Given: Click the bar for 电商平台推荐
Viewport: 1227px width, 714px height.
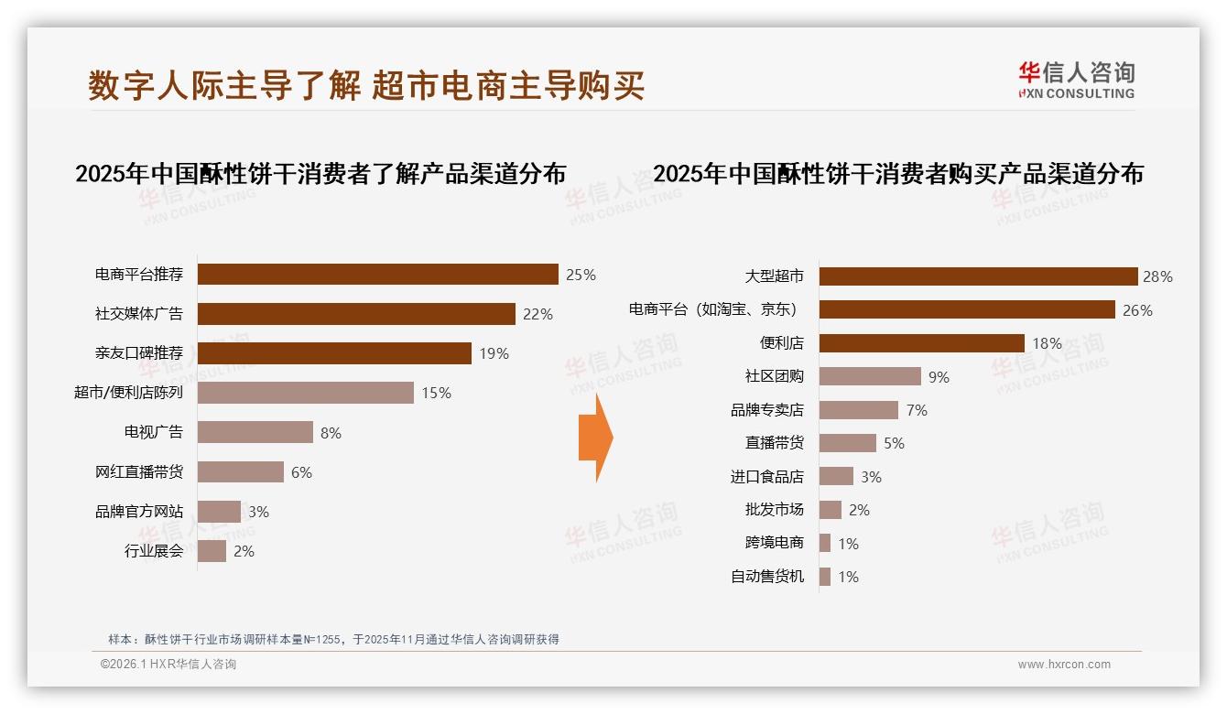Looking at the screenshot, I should click(377, 275).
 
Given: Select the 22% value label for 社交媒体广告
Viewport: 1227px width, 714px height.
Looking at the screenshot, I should click(537, 314).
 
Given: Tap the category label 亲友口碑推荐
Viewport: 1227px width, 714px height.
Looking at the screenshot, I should click(139, 353).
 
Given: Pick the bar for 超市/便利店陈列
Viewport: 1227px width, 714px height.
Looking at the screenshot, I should click(306, 393).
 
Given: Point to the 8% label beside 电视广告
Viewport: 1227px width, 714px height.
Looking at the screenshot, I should click(331, 433).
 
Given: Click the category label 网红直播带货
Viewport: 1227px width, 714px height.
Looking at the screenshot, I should click(139, 472).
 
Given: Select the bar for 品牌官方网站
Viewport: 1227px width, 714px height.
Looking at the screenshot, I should click(220, 512).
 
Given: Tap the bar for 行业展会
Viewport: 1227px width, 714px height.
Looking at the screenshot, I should click(212, 551).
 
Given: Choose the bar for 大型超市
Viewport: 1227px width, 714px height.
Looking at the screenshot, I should click(978, 276).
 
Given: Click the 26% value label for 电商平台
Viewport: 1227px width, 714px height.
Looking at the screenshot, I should click(1137, 310).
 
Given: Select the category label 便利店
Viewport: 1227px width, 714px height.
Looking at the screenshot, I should click(782, 343).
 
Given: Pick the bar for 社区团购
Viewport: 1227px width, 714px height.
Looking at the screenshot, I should click(870, 376).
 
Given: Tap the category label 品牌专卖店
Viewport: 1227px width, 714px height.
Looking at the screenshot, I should click(767, 410).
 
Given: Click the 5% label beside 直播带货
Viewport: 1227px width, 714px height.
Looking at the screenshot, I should click(894, 443).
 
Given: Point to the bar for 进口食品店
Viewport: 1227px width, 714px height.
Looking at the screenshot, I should click(836, 477).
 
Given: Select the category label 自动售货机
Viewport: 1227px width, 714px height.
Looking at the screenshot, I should click(767, 577).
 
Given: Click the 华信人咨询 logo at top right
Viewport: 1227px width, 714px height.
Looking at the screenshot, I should click(1076, 80).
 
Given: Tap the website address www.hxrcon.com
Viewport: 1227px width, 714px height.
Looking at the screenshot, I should click(1064, 665).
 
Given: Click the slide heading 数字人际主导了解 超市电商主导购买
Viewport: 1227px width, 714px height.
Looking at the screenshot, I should click(366, 85).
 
